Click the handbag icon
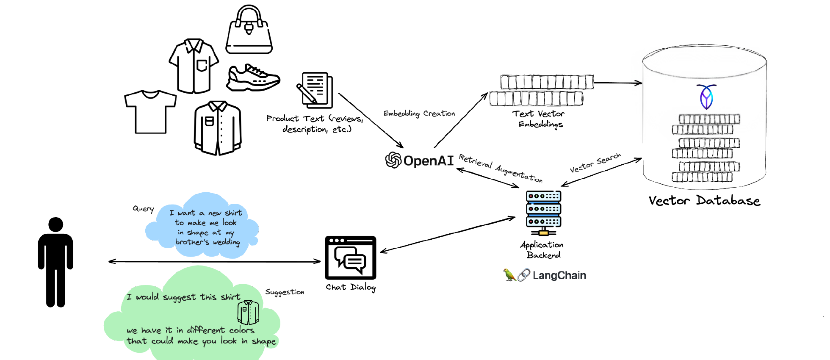[249, 32]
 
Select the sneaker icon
[253, 78]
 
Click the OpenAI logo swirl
[393, 160]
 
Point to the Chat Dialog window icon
[350, 258]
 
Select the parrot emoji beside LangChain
[509, 275]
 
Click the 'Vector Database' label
[704, 200]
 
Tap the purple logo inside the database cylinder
[706, 97]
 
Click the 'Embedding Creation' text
[419, 114]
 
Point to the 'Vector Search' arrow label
[595, 163]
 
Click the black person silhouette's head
[55, 224]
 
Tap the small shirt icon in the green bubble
[248, 313]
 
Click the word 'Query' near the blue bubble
[143, 209]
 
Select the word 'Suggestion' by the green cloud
[285, 292]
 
